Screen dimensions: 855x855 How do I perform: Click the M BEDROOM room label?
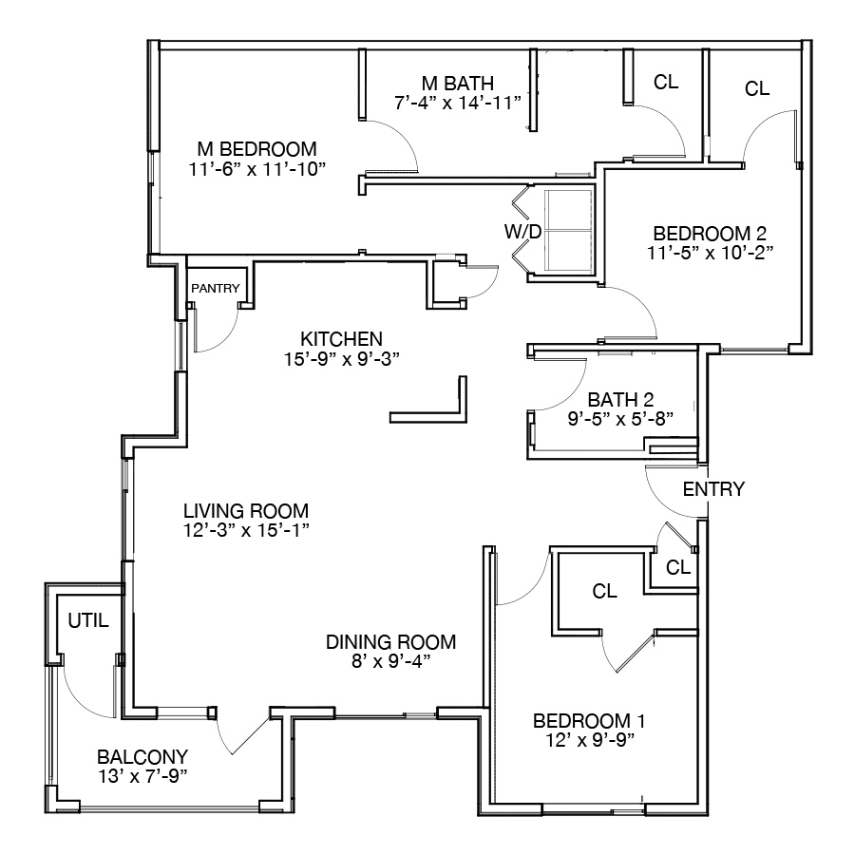(x=256, y=149)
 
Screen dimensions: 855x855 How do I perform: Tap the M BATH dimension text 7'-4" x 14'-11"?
(x=458, y=103)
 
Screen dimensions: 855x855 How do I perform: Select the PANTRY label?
(x=216, y=288)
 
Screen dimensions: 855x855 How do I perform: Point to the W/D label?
(x=522, y=232)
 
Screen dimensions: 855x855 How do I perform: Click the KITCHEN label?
(x=341, y=339)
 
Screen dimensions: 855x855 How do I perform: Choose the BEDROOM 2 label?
(x=710, y=234)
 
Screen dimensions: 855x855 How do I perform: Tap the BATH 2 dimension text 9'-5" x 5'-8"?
(x=620, y=419)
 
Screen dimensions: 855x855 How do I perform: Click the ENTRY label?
(x=713, y=489)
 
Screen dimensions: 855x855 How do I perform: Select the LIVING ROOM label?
(x=246, y=511)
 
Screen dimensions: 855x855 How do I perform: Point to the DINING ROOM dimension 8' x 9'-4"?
(x=391, y=661)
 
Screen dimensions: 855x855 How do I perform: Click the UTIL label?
(x=88, y=620)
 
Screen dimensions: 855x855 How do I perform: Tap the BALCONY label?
(x=142, y=757)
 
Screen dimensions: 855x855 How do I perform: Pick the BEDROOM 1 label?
(x=589, y=721)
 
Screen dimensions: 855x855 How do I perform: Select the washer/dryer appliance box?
(x=570, y=231)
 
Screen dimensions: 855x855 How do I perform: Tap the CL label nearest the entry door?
(x=678, y=568)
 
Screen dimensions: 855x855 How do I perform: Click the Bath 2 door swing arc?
(x=573, y=394)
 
